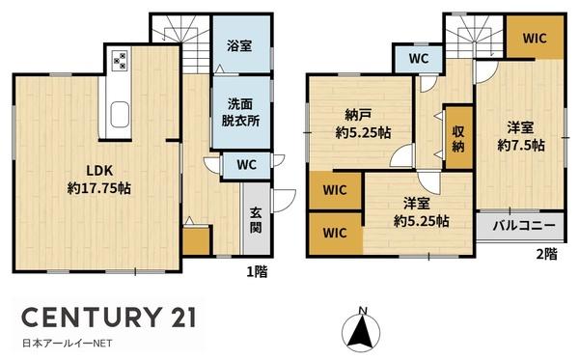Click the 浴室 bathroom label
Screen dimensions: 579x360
239,46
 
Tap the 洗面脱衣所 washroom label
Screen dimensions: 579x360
240,113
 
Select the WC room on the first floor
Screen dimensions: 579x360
246,165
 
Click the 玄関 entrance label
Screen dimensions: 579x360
256,220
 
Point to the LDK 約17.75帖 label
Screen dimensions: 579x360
99,180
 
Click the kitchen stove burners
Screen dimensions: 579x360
121,60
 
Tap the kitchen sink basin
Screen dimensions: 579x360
120,115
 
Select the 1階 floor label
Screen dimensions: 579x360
257,272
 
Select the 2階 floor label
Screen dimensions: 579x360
546,254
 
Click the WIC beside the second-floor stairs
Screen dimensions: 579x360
535,38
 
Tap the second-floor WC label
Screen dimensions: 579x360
419,58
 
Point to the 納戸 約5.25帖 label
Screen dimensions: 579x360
363,124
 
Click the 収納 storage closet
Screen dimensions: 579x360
458,137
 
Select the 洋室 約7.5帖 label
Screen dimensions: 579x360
521,136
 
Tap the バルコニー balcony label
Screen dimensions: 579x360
524,225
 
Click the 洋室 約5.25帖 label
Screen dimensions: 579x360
422,212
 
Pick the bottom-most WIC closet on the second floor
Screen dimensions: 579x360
335,233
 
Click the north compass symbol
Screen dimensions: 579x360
361,329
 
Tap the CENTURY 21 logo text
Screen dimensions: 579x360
108,317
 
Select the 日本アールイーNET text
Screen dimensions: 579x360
68,344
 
